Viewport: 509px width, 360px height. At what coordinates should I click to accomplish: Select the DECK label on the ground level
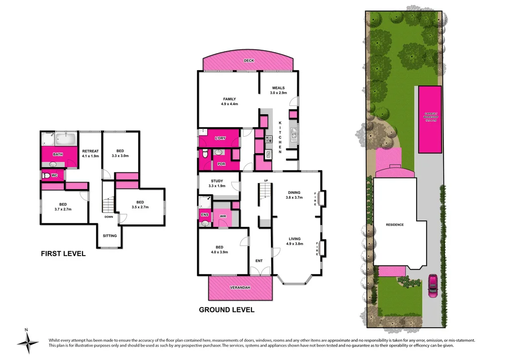pyautogui.click(x=249, y=61)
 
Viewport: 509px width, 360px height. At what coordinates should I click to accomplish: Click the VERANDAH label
pyautogui.click(x=240, y=288)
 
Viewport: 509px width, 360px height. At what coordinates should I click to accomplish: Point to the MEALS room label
pyautogui.click(x=278, y=88)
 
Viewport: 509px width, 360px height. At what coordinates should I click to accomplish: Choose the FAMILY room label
pyautogui.click(x=229, y=99)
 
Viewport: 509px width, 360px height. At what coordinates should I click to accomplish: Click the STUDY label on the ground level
pyautogui.click(x=217, y=181)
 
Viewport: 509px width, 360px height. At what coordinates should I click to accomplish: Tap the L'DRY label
pyautogui.click(x=220, y=138)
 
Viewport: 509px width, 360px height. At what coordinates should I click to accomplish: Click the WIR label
pyautogui.click(x=223, y=216)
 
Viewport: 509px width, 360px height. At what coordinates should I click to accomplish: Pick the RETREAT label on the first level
pyautogui.click(x=90, y=151)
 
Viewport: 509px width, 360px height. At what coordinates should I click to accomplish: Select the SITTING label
pyautogui.click(x=110, y=236)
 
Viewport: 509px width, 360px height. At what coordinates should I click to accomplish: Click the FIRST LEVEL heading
pyautogui.click(x=63, y=254)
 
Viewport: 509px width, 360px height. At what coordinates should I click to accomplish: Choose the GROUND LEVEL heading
pyautogui.click(x=227, y=310)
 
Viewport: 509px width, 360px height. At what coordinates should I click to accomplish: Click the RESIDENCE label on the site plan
pyautogui.click(x=395, y=225)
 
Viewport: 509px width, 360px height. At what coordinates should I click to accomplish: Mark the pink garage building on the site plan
pyautogui.click(x=429, y=119)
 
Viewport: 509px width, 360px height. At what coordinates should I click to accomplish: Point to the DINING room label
pyautogui.click(x=294, y=192)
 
